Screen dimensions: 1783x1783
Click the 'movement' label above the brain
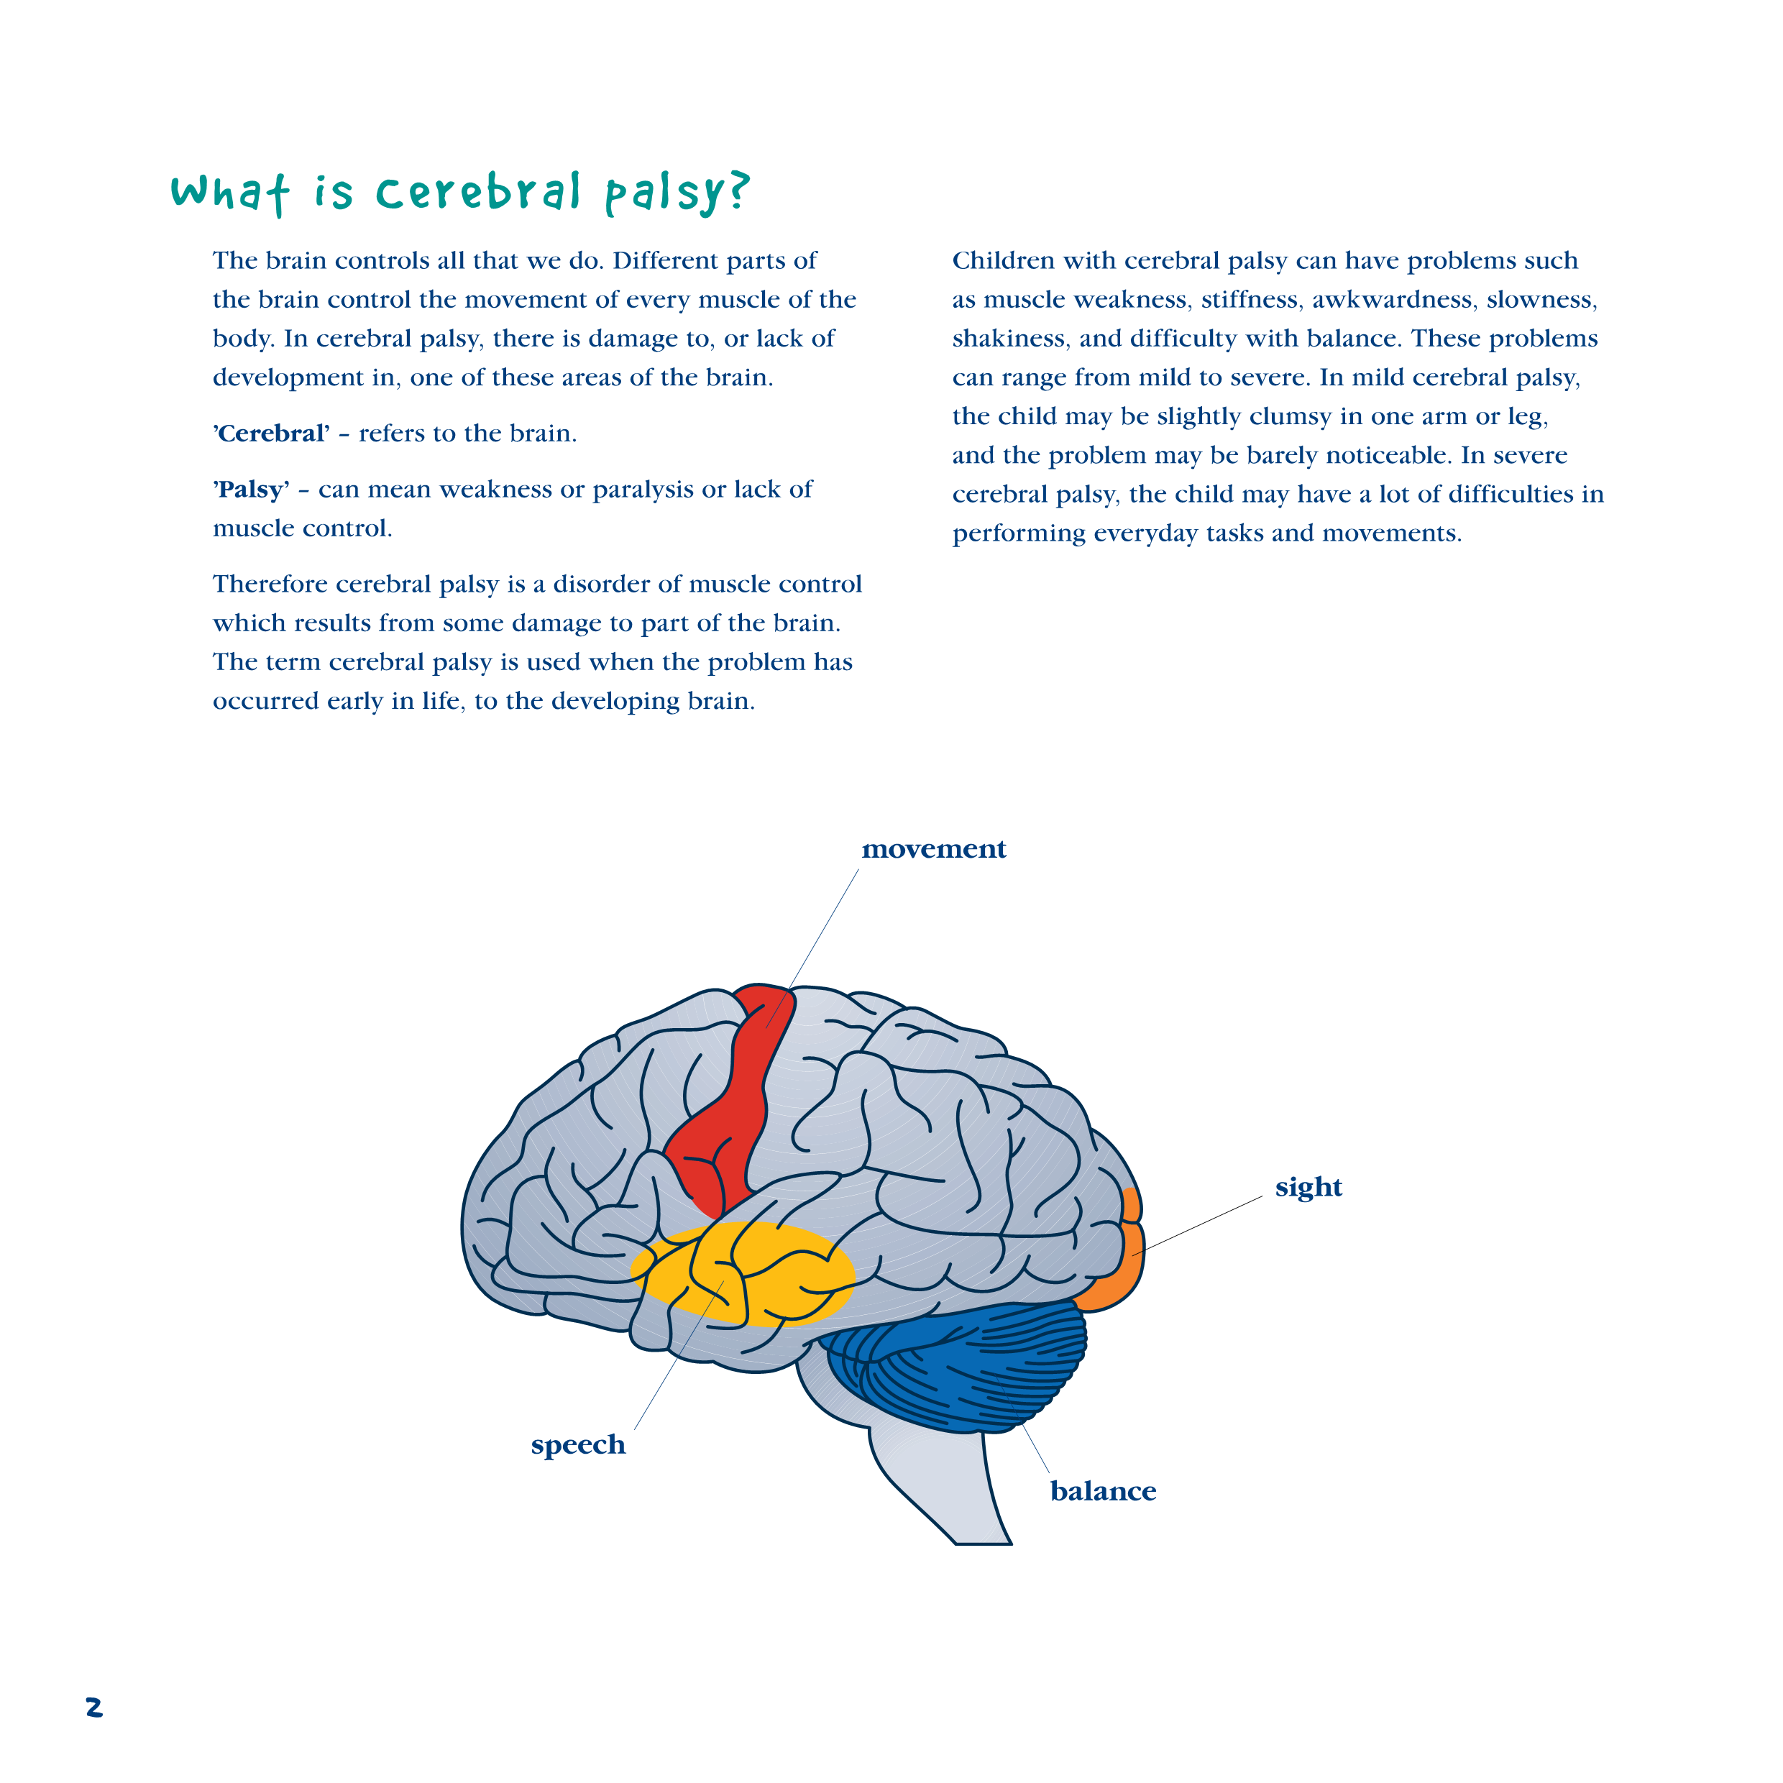click(933, 849)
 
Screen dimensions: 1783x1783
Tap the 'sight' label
click(1308, 1187)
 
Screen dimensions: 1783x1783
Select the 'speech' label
click(578, 1444)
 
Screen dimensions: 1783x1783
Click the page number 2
click(94, 1708)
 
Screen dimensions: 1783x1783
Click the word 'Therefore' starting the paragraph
click(271, 585)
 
